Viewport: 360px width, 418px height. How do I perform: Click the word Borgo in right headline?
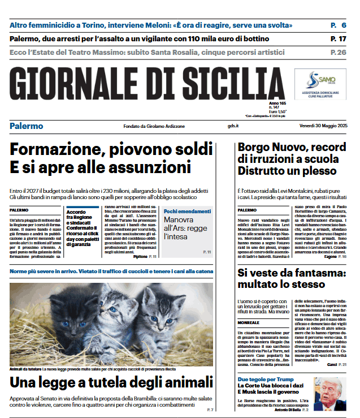point(255,148)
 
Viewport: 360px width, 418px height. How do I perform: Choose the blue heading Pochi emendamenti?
point(187,211)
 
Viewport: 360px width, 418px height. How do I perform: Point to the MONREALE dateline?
point(249,322)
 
